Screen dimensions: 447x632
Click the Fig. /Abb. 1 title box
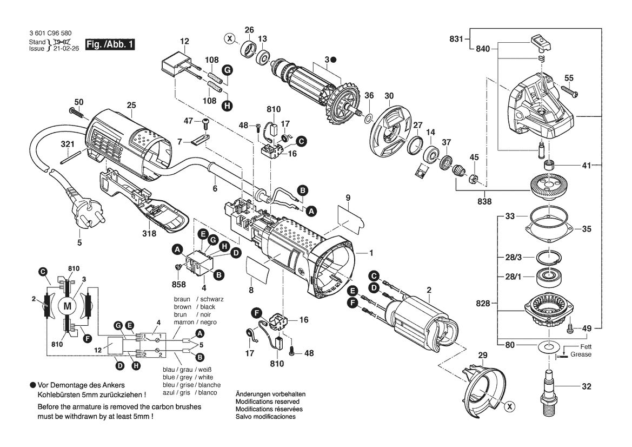coord(110,44)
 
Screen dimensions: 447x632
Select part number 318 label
coord(149,234)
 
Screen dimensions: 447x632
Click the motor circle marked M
coord(68,306)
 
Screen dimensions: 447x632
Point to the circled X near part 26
coord(230,38)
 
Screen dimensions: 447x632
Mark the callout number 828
coord(484,304)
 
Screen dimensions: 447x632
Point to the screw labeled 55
coord(571,94)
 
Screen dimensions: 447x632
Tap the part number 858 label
coord(178,284)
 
